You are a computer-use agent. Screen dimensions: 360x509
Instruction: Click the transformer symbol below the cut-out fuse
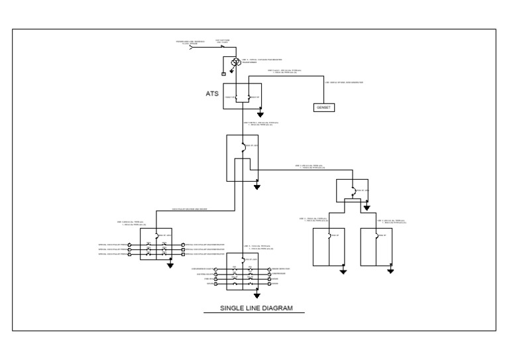(x=234, y=63)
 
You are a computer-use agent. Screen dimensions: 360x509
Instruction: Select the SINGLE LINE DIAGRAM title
(x=256, y=308)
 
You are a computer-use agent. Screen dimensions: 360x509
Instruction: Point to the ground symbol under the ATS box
(x=260, y=123)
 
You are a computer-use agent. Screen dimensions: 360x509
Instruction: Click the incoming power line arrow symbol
(x=192, y=48)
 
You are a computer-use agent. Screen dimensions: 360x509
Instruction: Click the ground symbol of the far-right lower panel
(x=391, y=270)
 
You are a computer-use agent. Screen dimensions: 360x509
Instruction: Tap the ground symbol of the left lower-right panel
(x=343, y=270)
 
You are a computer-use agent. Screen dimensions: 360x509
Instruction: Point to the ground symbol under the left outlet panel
(x=170, y=265)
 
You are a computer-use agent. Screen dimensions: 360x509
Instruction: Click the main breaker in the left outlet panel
(x=155, y=235)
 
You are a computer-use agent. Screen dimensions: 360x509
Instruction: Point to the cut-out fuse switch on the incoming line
(x=223, y=47)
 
